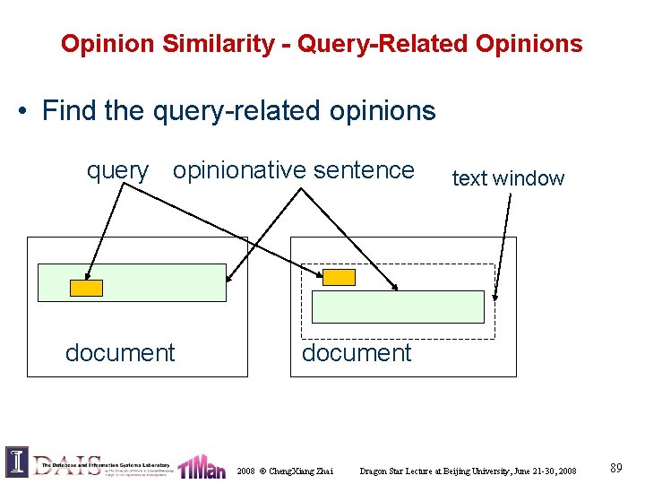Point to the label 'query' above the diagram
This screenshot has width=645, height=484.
(x=117, y=170)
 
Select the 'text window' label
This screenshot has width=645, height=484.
(x=508, y=178)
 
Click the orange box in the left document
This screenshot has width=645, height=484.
(x=87, y=288)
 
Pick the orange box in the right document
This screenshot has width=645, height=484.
(x=340, y=277)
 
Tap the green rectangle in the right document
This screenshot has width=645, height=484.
(x=398, y=307)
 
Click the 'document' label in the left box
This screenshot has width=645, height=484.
(x=120, y=353)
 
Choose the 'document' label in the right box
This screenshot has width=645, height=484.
(x=357, y=353)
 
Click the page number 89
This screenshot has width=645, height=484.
(x=616, y=468)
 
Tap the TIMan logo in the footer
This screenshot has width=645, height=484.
(x=202, y=466)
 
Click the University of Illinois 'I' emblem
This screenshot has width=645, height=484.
(x=17, y=462)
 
